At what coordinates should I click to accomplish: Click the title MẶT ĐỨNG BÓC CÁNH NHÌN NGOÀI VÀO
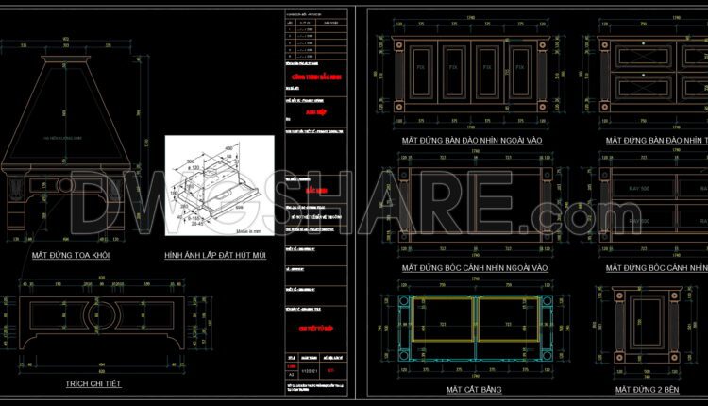click(475, 268)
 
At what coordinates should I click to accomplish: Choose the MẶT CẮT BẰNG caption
click(474, 389)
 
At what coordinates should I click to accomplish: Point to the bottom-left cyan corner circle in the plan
click(397, 358)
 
